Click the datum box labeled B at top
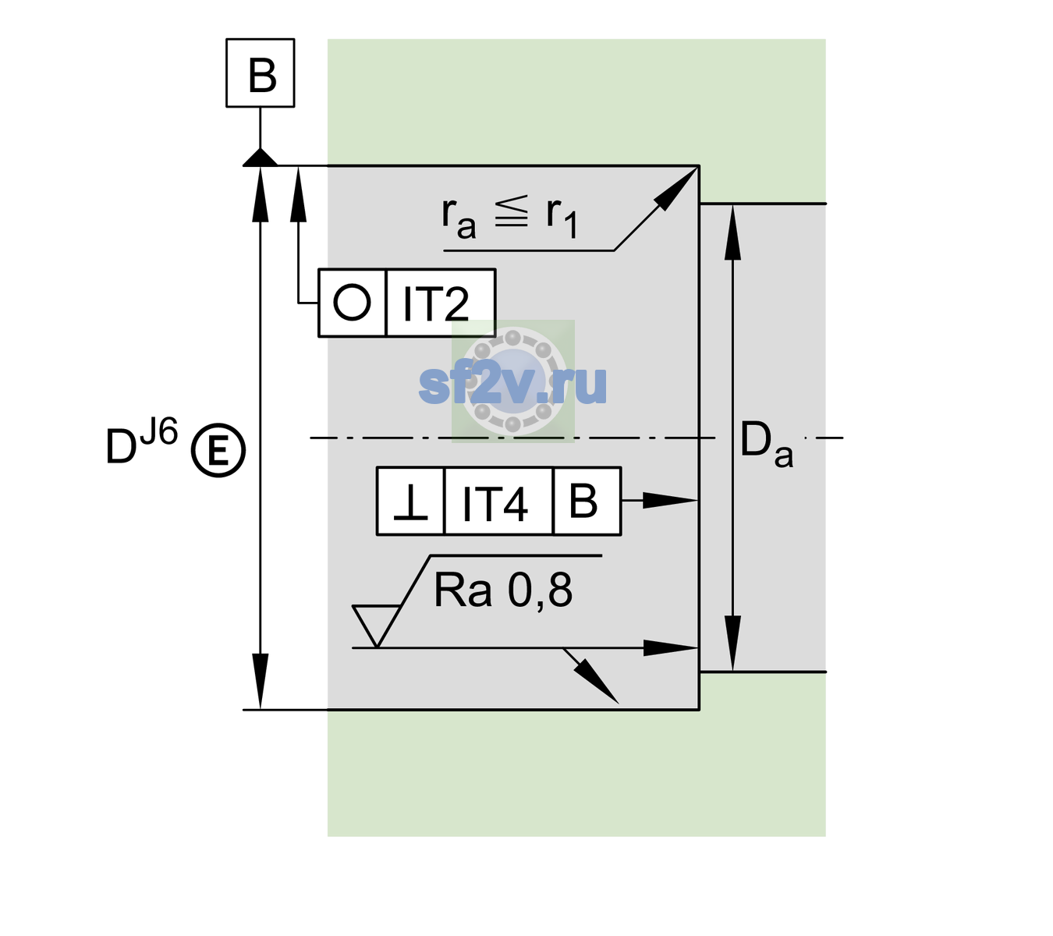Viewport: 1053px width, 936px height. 260,73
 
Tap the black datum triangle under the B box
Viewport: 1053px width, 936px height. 260,158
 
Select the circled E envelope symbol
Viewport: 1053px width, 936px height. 218,450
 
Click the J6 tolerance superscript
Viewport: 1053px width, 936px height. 159,431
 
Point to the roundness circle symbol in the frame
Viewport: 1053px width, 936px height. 352,303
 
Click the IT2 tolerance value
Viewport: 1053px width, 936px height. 435,303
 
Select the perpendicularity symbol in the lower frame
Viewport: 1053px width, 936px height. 410,502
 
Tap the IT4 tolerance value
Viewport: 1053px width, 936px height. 495,503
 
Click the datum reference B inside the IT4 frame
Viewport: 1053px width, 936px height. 583,501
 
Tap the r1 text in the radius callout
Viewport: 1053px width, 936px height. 562,218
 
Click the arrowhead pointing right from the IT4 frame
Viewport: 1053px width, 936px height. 670,501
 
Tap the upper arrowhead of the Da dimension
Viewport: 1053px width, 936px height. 733,232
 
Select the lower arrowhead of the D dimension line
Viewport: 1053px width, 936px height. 260,682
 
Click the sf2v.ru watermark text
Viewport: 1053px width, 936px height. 512,385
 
